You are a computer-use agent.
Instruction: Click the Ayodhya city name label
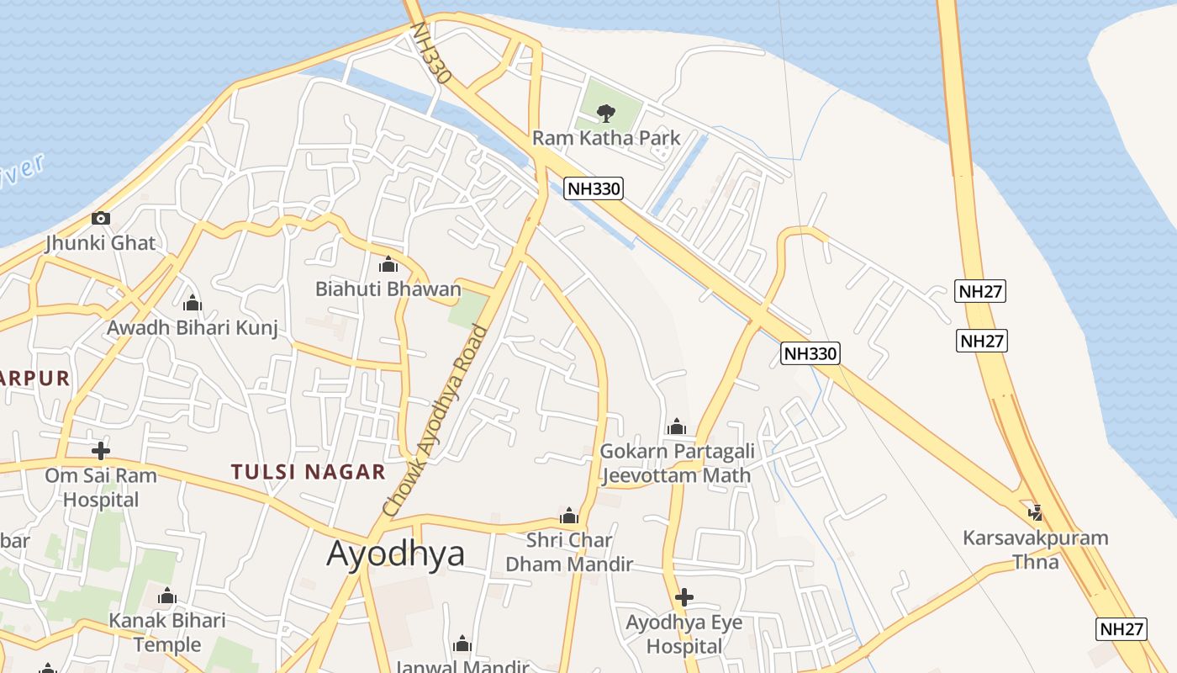click(395, 554)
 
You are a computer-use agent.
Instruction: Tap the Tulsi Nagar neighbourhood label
click(309, 472)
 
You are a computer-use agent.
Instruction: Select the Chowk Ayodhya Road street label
click(435, 420)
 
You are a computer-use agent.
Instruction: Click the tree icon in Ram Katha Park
click(604, 113)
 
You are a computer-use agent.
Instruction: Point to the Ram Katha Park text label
click(606, 137)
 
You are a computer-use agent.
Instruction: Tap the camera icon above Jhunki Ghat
click(101, 219)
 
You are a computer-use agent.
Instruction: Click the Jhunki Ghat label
click(101, 243)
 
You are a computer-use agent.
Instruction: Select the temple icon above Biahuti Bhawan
click(388, 265)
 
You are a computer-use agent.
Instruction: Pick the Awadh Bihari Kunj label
click(193, 327)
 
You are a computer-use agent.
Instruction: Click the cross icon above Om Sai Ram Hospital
click(101, 451)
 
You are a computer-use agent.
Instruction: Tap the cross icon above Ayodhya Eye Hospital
click(684, 598)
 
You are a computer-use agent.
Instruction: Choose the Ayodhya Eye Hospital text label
click(684, 634)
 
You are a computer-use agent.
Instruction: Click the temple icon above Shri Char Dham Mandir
click(569, 516)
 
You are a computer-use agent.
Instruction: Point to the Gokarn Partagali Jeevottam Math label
click(677, 463)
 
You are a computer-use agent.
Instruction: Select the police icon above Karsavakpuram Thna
click(1036, 512)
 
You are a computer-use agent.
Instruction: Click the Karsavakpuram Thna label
click(1036, 548)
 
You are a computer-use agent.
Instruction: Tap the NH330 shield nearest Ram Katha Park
click(594, 188)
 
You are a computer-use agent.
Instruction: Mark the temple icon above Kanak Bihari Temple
click(167, 597)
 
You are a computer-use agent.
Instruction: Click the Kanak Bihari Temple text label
click(167, 633)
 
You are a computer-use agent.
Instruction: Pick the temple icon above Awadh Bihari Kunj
click(193, 303)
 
